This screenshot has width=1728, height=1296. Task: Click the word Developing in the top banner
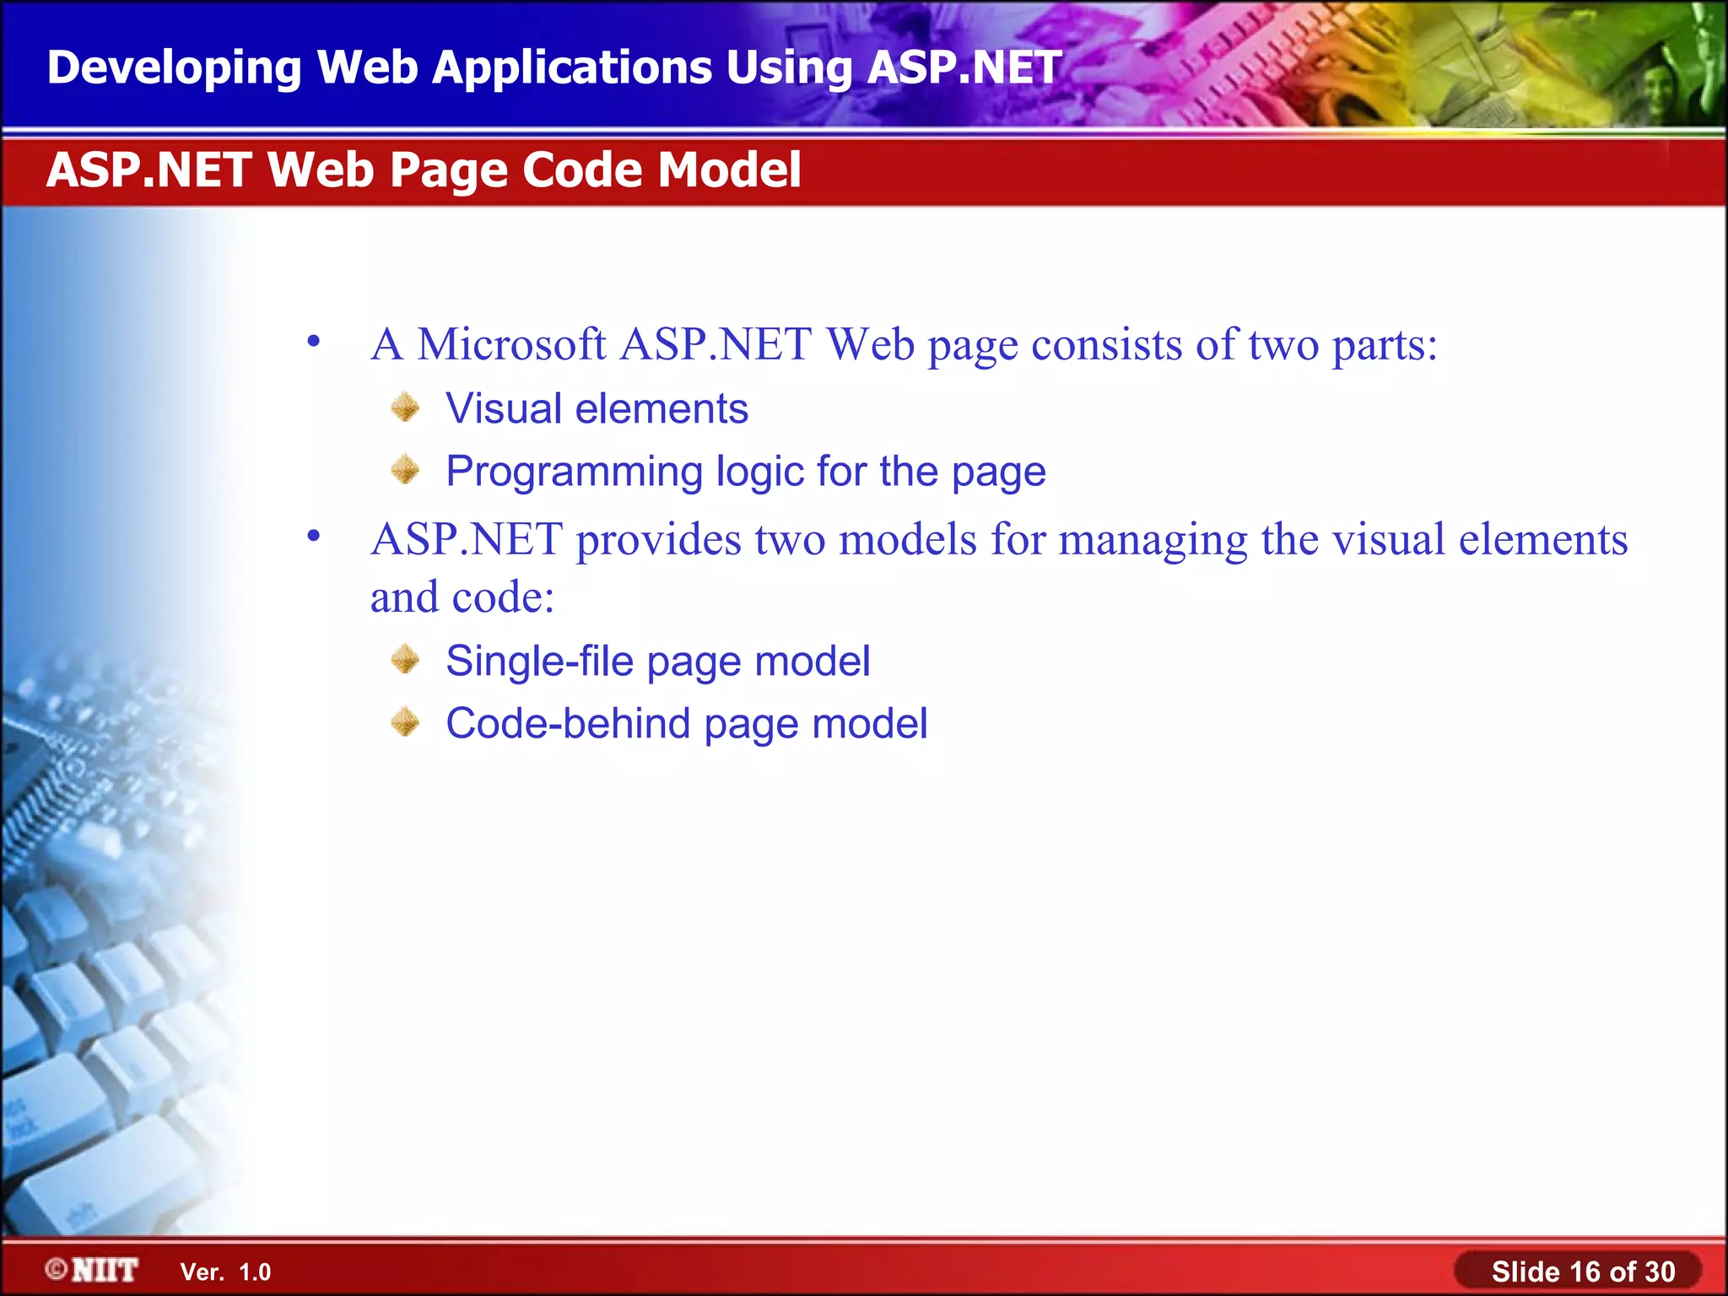click(x=174, y=67)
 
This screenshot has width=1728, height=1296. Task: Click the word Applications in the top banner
click(x=572, y=67)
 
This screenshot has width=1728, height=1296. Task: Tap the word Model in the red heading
click(x=729, y=170)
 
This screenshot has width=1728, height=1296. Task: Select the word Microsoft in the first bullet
click(x=511, y=345)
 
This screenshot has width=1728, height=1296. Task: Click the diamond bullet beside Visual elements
click(x=406, y=408)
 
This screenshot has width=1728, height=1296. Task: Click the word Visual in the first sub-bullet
click(x=503, y=408)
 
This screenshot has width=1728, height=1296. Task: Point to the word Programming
click(x=574, y=472)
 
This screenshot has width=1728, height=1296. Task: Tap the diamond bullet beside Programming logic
click(x=406, y=470)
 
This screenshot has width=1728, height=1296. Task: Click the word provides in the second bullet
click(x=658, y=540)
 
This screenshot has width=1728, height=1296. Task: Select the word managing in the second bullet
click(x=1153, y=540)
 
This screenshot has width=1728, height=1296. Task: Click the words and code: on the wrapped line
click(x=462, y=597)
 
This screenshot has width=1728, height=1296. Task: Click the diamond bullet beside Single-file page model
click(x=406, y=660)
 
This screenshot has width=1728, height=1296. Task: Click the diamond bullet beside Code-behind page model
click(x=406, y=722)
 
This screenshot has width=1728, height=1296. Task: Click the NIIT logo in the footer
click(x=93, y=1270)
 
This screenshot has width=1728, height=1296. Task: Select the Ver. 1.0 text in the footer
click(x=225, y=1272)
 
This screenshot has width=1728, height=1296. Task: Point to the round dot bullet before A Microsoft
click(x=314, y=342)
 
